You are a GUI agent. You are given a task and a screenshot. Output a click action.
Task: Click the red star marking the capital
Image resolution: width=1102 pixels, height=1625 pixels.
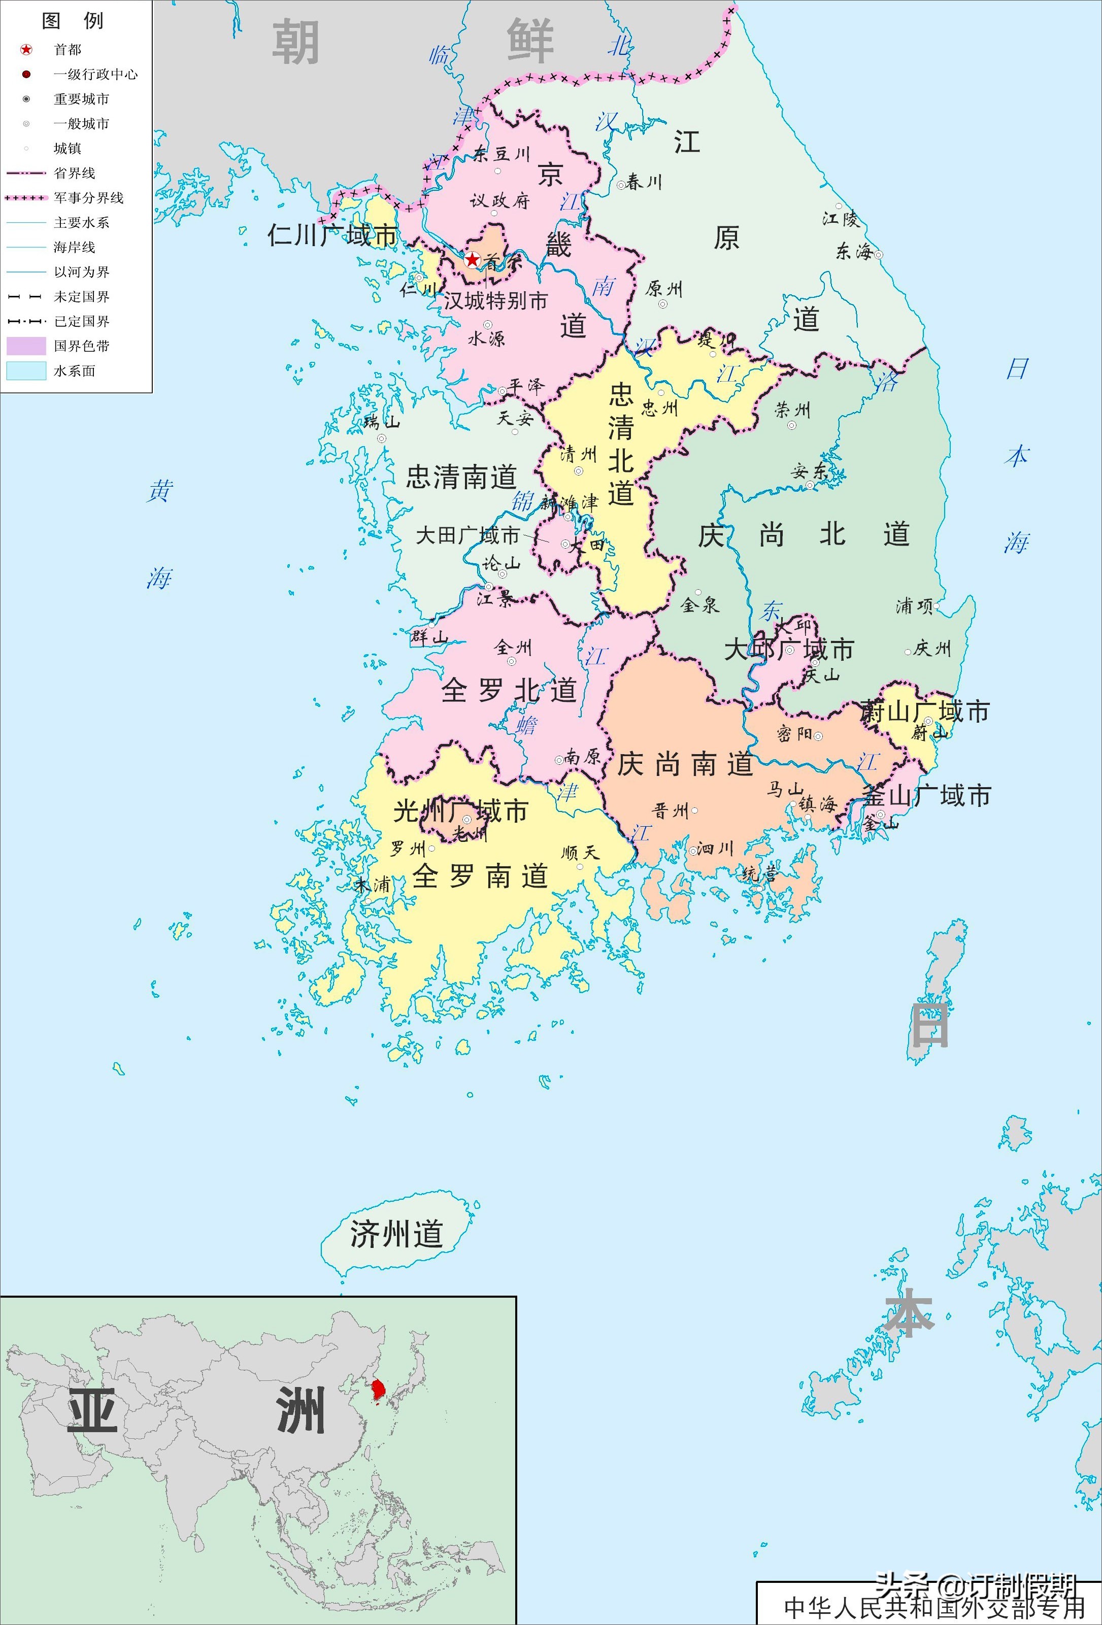pos(473,260)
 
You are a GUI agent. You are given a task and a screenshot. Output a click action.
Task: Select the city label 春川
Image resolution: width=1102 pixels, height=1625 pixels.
pos(643,183)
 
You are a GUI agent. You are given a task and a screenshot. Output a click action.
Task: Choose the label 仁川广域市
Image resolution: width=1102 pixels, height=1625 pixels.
pos(332,235)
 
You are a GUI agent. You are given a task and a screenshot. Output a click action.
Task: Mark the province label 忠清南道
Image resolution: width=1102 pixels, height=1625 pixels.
pos(461,477)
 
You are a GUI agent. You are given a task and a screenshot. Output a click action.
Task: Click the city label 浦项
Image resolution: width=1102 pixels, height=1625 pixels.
pos(914,605)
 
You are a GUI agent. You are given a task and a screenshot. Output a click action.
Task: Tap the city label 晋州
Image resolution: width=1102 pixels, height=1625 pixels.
pos(671,811)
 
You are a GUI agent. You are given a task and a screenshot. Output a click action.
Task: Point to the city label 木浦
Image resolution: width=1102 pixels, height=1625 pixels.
pos(372,885)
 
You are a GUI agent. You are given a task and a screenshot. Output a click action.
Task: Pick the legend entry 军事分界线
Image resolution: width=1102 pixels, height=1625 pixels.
pos(88,198)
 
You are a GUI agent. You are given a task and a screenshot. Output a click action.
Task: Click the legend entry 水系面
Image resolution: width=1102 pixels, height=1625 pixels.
pos(74,370)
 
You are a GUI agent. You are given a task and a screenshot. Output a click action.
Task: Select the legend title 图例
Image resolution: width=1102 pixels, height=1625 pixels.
pos(73,21)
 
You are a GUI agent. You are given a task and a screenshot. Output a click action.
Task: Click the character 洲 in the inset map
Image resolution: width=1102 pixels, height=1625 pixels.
pos(300,1409)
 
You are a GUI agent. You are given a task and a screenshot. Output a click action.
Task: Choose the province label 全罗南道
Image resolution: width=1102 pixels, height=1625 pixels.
pos(480,875)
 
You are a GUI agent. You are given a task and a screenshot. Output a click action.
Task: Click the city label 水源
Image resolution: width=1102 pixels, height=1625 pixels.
pos(486,338)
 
